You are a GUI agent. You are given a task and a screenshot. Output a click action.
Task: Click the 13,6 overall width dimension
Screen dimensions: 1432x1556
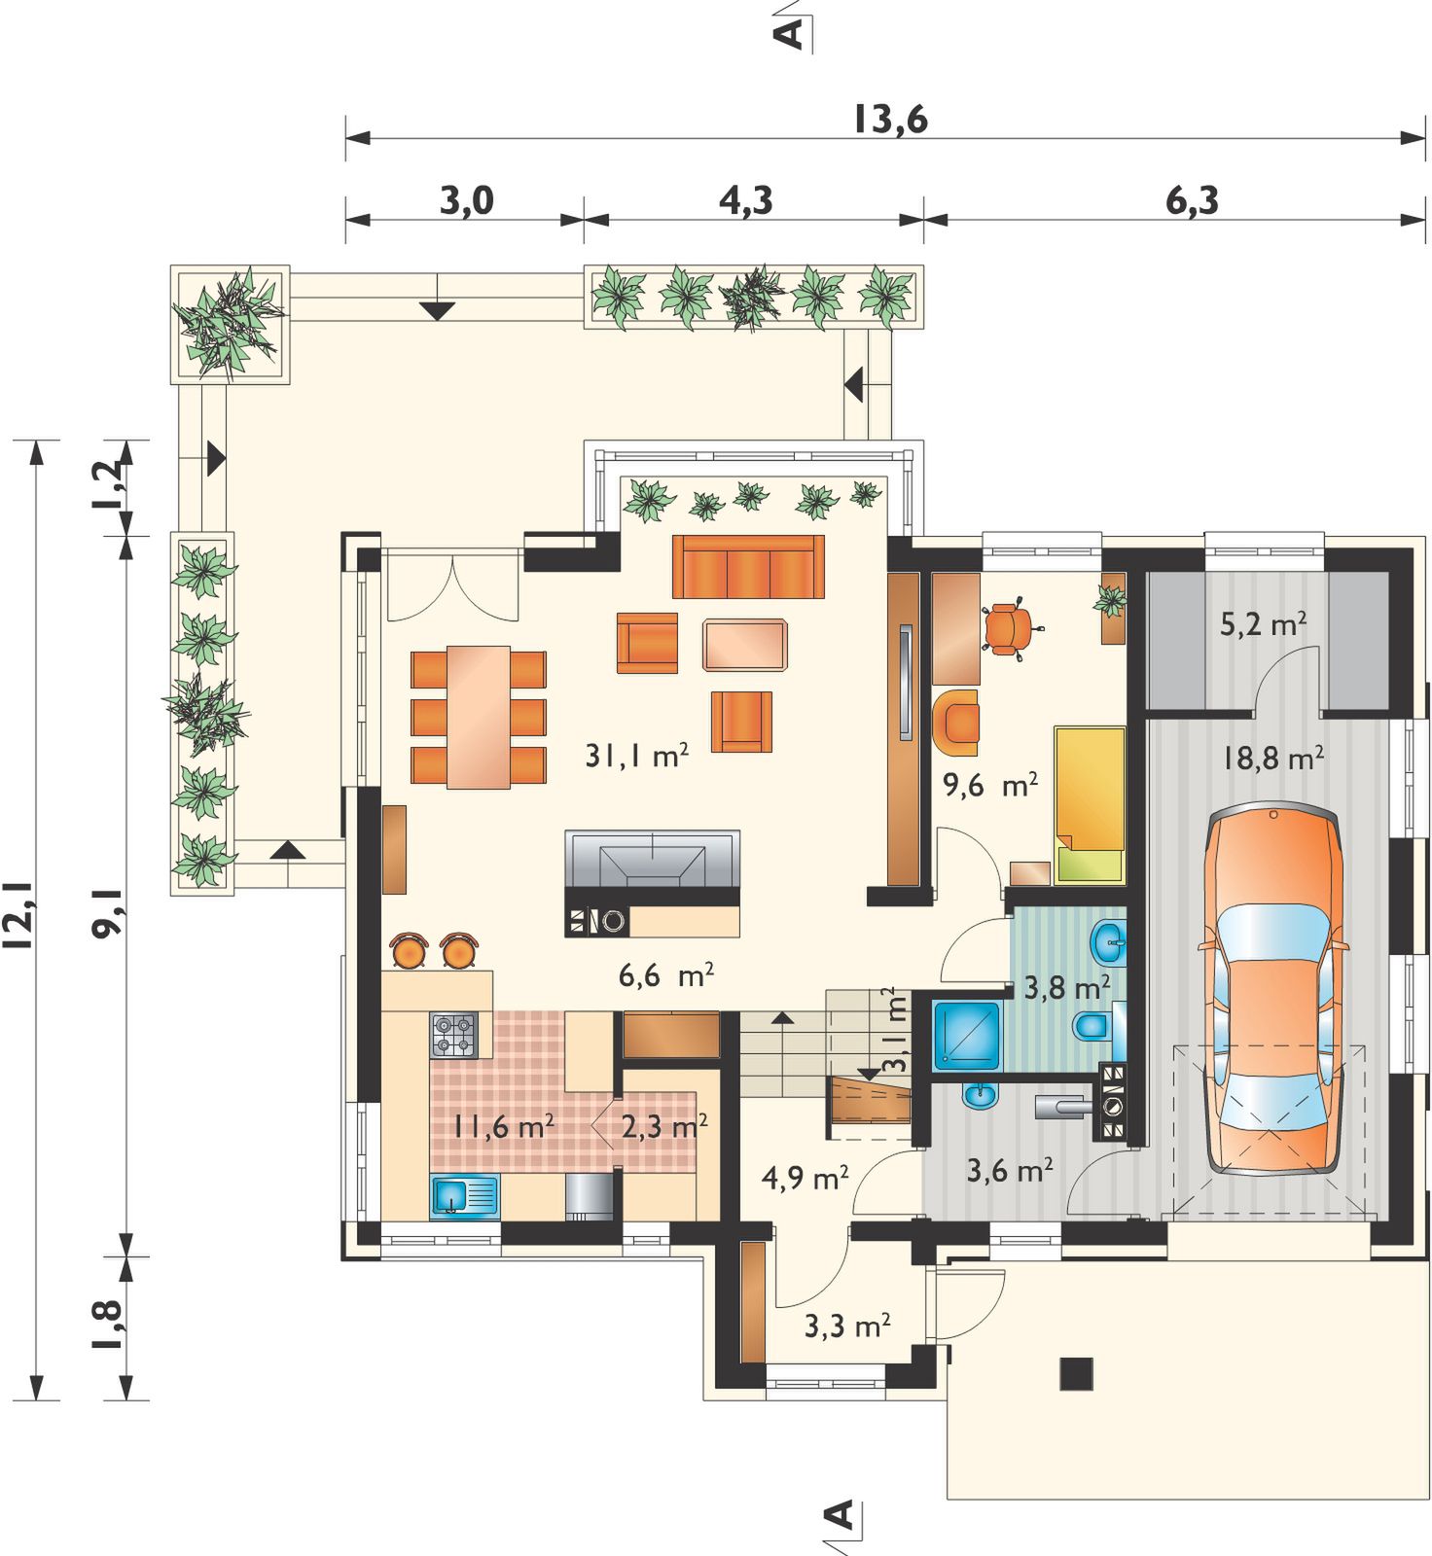coord(890,120)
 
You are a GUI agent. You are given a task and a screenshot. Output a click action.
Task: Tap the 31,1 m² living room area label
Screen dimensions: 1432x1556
coord(637,756)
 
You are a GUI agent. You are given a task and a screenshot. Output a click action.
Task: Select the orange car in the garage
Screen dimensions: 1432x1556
coord(1272,991)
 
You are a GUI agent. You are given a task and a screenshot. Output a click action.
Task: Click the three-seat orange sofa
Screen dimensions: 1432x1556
coord(748,566)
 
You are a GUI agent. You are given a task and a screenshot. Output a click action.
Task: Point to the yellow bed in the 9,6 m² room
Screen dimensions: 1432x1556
coord(1090,803)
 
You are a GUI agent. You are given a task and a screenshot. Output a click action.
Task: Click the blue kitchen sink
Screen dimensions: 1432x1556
coord(464,1195)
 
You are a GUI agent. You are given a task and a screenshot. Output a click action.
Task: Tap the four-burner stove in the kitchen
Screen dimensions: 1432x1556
coord(454,1035)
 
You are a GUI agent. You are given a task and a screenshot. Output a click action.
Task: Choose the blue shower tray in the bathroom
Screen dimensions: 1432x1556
coord(966,1036)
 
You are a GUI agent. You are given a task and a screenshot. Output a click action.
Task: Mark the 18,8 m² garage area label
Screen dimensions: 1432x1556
coord(1272,758)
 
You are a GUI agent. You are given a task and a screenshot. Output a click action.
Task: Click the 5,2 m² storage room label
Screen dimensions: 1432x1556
coord(1263,623)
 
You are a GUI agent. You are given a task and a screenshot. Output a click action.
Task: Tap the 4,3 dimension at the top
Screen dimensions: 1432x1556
coord(746,200)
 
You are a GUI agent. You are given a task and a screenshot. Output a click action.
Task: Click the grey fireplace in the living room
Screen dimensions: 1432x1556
coord(652,860)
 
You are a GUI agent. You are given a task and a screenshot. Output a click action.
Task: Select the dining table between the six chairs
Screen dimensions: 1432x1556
coord(479,717)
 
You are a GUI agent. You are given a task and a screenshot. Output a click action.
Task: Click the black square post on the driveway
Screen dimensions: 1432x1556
coord(1076,1373)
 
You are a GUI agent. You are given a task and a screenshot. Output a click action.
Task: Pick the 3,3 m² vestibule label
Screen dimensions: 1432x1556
coord(847,1326)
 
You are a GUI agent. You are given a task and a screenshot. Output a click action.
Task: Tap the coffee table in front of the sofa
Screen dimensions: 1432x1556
coord(745,645)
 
